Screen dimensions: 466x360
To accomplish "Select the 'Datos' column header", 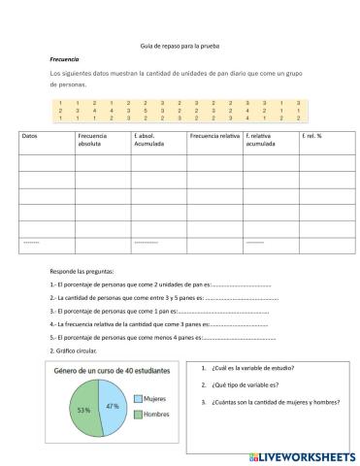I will tap(30, 136).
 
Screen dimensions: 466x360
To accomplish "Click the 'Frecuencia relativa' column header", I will tap(214, 136).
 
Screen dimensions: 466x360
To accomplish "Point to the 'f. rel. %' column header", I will tap(313, 136).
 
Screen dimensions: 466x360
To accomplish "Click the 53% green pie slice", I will tap(84, 411).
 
